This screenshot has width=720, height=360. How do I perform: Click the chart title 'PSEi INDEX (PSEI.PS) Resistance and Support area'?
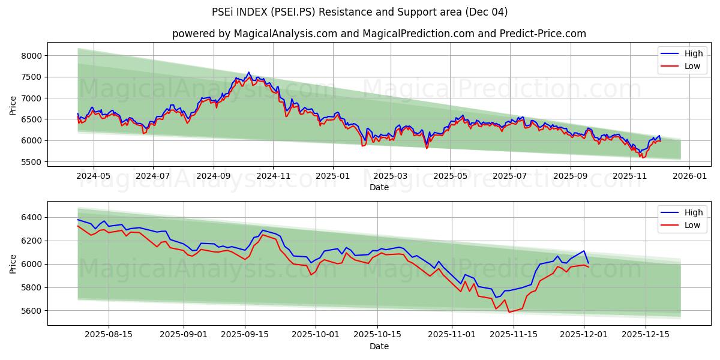coord(359,12)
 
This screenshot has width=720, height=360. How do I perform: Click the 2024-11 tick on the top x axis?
coord(273,176)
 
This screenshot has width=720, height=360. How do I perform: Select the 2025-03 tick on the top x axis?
coord(391,176)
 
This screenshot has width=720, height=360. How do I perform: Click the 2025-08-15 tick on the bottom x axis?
coord(109,335)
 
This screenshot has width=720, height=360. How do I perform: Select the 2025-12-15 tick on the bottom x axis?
coord(646,335)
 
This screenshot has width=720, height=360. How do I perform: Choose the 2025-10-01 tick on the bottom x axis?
coord(316,335)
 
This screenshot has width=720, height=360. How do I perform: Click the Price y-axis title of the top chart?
coord(13,106)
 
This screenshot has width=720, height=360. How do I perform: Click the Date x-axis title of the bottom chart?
coord(379,346)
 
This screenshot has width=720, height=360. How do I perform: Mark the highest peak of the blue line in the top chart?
coord(249,72)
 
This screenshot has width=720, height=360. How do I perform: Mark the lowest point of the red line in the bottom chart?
coord(509,312)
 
